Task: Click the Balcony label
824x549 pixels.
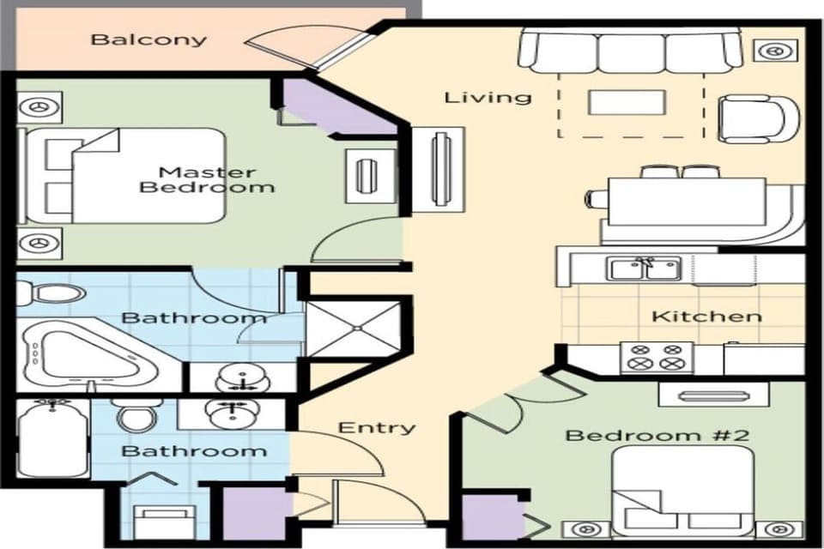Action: click(149, 39)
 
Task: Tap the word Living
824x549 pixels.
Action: click(488, 97)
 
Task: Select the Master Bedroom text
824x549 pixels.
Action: click(206, 179)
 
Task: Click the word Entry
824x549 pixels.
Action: click(377, 427)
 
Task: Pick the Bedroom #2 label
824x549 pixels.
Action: click(657, 435)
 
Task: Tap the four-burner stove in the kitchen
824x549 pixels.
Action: click(657, 357)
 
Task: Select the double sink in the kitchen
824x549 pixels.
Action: click(645, 269)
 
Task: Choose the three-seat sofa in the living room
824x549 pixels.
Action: click(631, 52)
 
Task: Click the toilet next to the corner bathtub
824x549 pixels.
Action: click(51, 294)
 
